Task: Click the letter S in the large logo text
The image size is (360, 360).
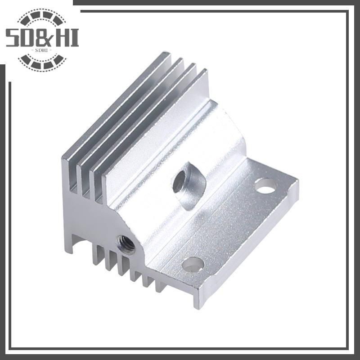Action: (x=13, y=38)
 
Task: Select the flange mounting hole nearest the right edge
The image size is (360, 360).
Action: (x=266, y=185)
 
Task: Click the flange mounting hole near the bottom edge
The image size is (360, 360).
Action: (x=193, y=264)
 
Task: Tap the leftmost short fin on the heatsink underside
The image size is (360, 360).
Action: (x=95, y=256)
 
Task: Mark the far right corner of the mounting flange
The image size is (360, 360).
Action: (x=297, y=182)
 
